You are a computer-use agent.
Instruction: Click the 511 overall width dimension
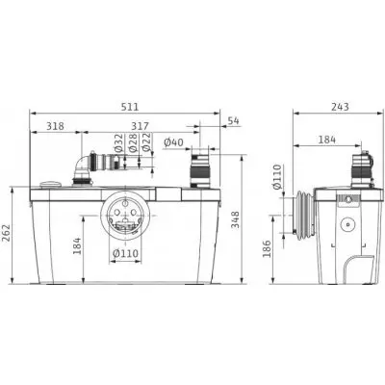click(130, 107)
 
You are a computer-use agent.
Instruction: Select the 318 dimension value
click(55, 126)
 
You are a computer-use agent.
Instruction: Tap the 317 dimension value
click(140, 126)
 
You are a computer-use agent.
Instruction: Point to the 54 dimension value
click(234, 121)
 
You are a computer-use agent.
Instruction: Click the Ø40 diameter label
click(173, 142)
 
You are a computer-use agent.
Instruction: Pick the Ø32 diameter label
click(119, 142)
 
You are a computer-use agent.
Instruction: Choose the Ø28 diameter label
click(133, 142)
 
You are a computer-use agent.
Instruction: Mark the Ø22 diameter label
click(146, 142)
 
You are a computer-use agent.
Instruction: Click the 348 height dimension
click(236, 219)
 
